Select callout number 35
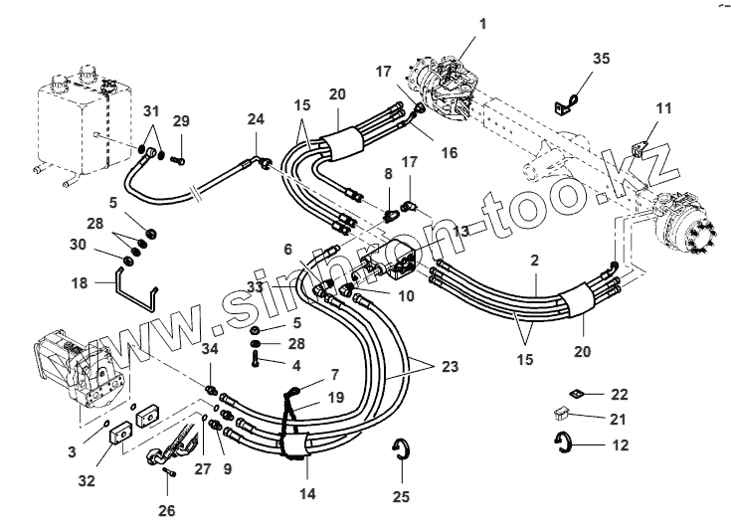tap(601, 58)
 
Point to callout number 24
tap(256, 120)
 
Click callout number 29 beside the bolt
tap(180, 120)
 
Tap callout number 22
tap(620, 395)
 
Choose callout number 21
tap(620, 419)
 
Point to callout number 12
tap(620, 445)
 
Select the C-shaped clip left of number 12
tap(564, 443)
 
